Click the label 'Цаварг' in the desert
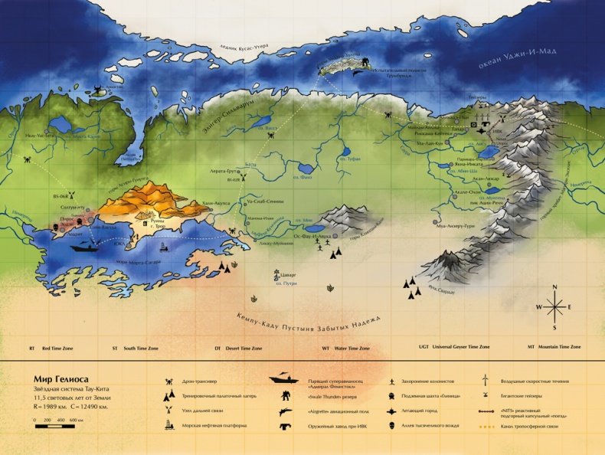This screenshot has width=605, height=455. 286,273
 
